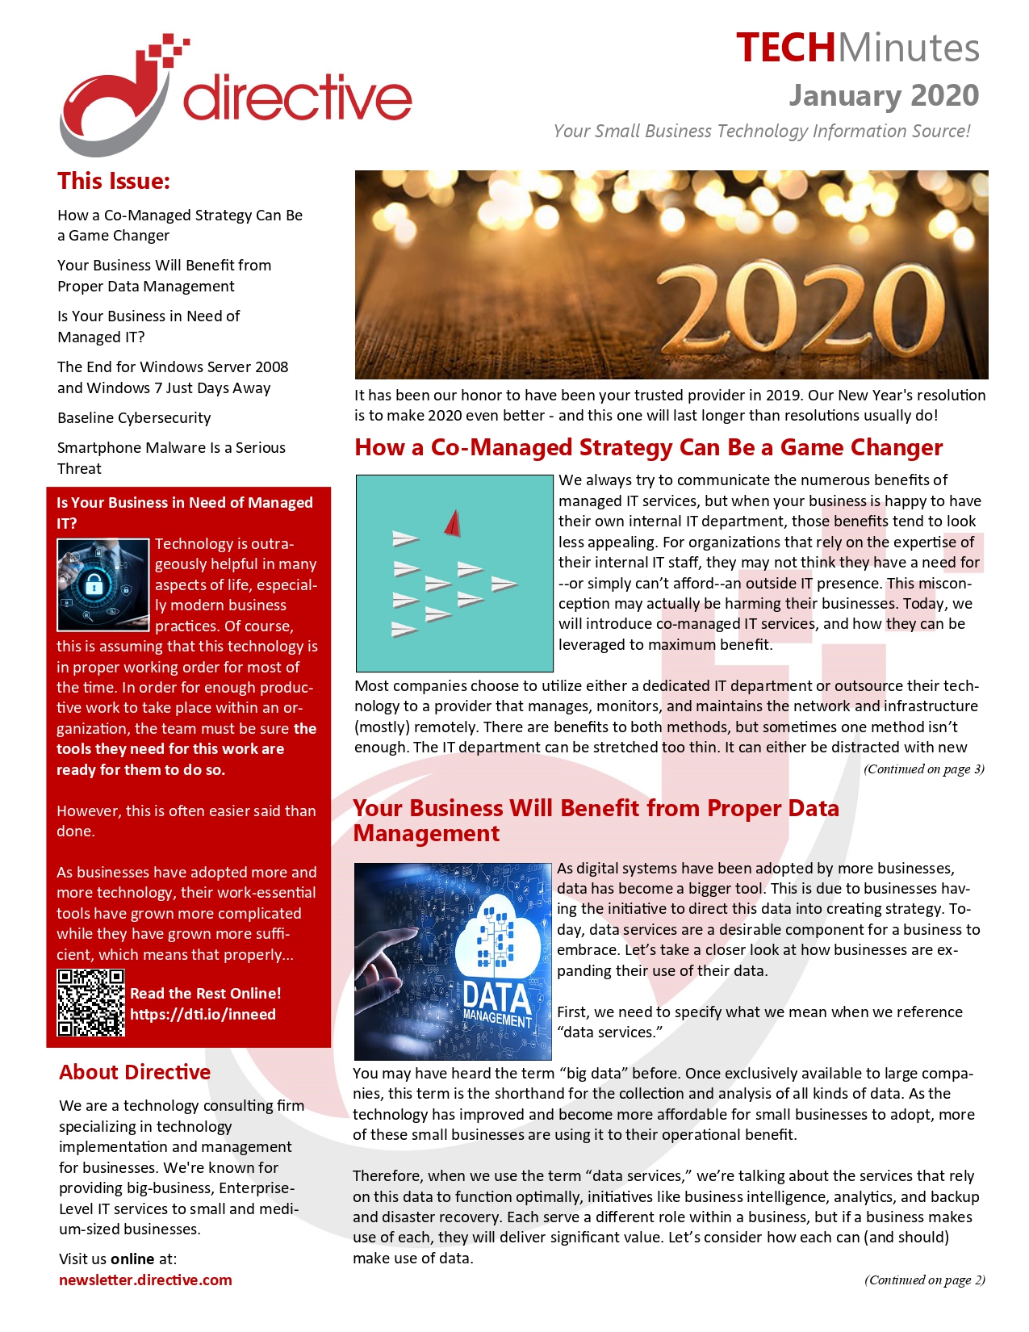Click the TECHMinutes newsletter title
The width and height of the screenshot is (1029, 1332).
click(857, 48)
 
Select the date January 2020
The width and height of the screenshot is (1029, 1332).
click(884, 95)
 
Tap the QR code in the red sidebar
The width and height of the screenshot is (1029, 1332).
click(90, 1003)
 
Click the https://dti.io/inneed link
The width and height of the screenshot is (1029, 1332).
click(203, 1015)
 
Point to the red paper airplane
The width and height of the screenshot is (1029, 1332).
click(453, 523)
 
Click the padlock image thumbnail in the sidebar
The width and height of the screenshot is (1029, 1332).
click(102, 584)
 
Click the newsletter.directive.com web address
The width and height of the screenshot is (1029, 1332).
click(145, 1280)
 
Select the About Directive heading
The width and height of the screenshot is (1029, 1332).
click(135, 1072)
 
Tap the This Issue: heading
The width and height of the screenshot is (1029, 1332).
click(114, 181)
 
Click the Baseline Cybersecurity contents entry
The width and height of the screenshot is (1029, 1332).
click(134, 418)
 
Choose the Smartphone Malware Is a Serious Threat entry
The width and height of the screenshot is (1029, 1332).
click(171, 458)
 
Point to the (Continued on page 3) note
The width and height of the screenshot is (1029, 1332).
click(924, 769)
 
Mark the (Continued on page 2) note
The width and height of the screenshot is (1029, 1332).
click(925, 1280)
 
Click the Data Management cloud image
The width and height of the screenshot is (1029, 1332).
click(453, 961)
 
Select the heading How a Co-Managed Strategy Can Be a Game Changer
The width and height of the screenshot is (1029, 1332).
click(648, 448)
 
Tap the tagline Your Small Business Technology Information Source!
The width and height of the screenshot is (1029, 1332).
click(762, 132)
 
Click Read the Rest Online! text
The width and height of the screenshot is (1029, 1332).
click(206, 994)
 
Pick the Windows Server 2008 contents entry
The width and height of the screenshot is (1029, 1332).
click(173, 378)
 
